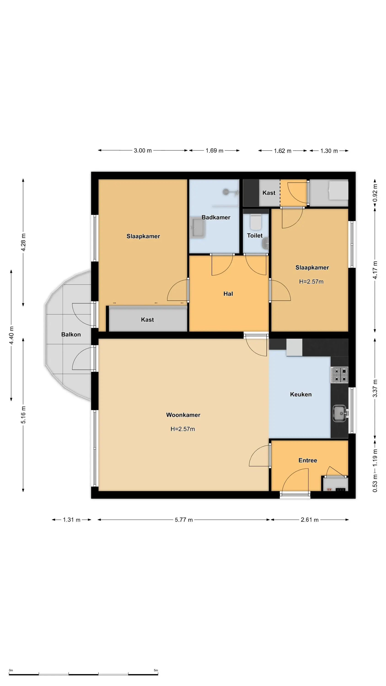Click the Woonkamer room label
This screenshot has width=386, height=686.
pos(183,415)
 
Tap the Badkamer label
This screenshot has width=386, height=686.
pos(216,217)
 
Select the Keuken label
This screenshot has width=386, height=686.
pos(301,394)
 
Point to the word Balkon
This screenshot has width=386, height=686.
pos(71,335)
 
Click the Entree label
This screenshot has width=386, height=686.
pos(308,461)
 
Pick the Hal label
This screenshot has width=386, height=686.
pos(228,294)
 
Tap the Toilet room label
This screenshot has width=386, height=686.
pos(255,236)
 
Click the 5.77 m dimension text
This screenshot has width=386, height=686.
pos(184,520)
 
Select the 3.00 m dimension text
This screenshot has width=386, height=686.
pos(142,150)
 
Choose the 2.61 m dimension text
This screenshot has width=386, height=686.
pos(310,520)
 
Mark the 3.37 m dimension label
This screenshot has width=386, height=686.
pos(375,388)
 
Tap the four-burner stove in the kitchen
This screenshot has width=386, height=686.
pos(340,375)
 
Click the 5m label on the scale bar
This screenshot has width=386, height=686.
pos(156,670)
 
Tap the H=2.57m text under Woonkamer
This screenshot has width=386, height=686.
pos(183,429)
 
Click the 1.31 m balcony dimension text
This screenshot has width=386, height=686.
pos(71,520)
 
